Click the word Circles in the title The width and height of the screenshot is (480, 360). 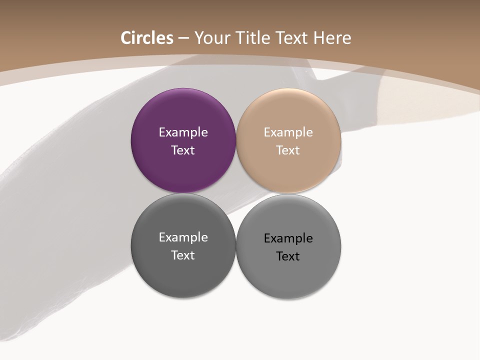click(147, 38)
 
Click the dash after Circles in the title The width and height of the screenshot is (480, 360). click(183, 38)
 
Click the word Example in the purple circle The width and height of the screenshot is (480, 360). click(183, 132)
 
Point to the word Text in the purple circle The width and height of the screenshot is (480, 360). click(183, 150)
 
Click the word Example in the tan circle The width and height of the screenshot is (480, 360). click(288, 132)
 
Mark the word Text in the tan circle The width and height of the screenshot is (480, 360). click(288, 150)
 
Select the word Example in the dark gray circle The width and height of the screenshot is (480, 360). click(183, 237)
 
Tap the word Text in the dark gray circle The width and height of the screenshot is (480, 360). click(183, 255)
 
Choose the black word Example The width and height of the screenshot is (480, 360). click(288, 238)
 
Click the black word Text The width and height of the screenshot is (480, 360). click(288, 256)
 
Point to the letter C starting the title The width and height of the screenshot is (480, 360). click(126, 38)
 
